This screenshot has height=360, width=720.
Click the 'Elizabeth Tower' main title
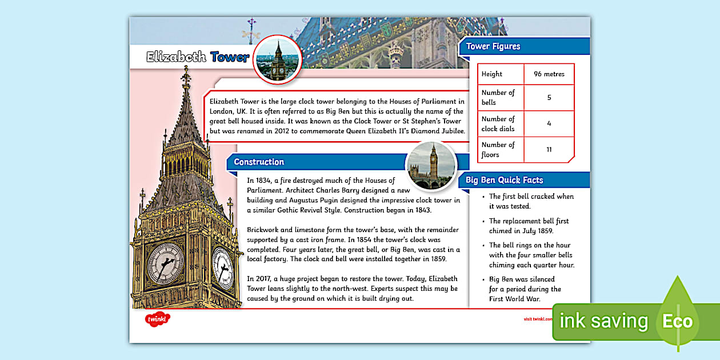click(x=198, y=57)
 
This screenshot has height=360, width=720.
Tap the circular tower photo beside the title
click(x=278, y=59)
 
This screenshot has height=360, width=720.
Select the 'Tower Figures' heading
click(x=493, y=46)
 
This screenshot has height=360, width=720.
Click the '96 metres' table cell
click(x=549, y=74)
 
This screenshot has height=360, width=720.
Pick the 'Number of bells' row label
click(x=498, y=97)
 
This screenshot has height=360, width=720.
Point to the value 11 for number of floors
click(x=549, y=150)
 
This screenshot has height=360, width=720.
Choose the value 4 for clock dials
click(x=549, y=123)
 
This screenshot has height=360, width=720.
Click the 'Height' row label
click(x=492, y=74)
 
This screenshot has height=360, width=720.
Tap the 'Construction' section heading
click(x=259, y=162)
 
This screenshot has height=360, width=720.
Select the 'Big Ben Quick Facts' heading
click(x=504, y=180)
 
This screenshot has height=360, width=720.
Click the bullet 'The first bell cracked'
click(x=531, y=197)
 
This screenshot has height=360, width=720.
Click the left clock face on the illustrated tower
click(x=166, y=263)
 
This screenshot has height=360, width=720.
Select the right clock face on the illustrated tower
click(x=222, y=267)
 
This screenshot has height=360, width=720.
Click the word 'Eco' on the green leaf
click(x=677, y=321)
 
